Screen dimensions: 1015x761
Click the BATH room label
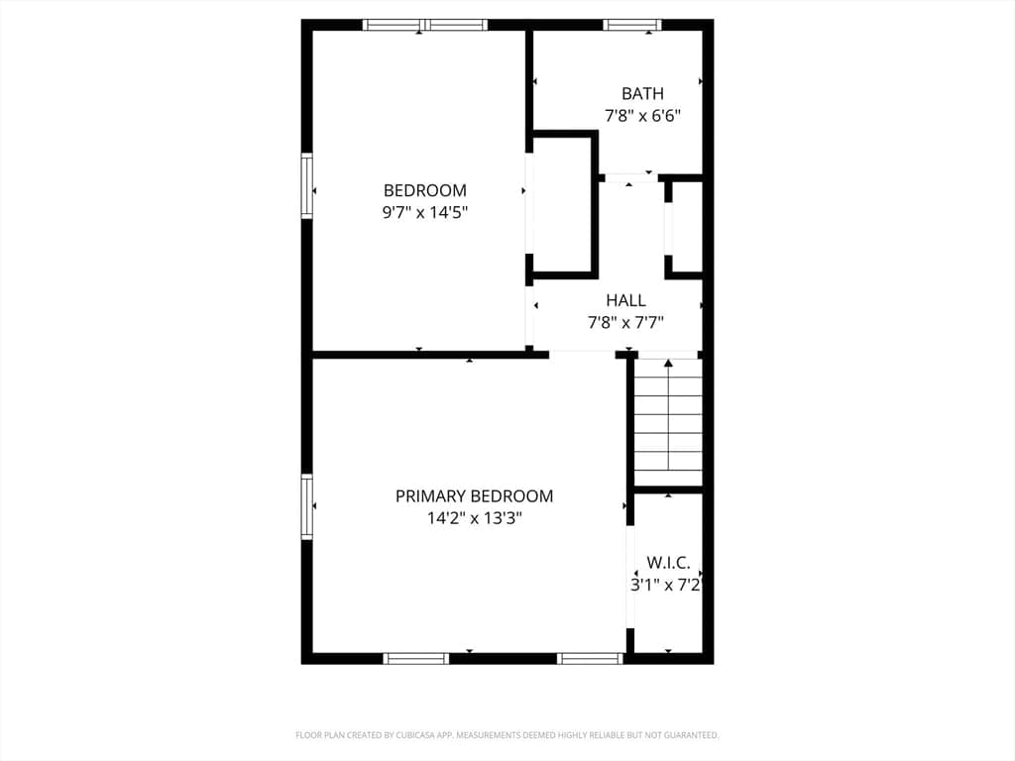click(642, 94)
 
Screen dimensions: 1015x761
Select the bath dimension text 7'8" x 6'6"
click(642, 116)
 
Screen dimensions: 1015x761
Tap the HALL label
click(625, 300)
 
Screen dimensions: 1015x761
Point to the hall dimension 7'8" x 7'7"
click(625, 322)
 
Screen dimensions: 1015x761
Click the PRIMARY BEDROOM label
click(474, 496)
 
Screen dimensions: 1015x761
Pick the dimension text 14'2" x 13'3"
click(474, 518)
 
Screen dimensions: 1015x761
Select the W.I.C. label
click(668, 563)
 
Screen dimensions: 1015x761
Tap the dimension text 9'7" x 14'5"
click(424, 212)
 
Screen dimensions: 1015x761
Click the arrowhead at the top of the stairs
click(668, 363)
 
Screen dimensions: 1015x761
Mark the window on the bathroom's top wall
click(632, 25)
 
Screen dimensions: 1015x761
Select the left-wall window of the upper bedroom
click(307, 185)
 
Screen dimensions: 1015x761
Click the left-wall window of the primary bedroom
click(307, 507)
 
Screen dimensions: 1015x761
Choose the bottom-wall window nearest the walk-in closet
click(590, 659)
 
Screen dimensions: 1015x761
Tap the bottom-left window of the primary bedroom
click(415, 659)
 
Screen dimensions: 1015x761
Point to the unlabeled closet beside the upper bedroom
click(561, 205)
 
